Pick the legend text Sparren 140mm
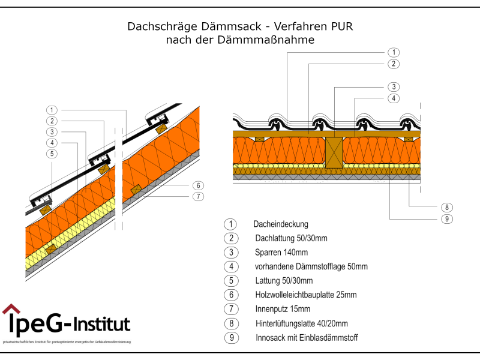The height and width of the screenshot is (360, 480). coord(281,252)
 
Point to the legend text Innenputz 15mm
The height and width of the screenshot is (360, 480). coord(283,309)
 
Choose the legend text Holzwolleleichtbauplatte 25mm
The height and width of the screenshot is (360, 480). coord(306,295)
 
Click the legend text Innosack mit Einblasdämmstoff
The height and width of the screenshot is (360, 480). coord(307,338)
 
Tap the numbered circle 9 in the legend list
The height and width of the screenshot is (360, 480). coord(231,338)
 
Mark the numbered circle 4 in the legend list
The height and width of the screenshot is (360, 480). coord(231,266)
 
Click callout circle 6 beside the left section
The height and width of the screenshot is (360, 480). coord(198,185)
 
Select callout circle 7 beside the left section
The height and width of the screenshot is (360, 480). coord(198,196)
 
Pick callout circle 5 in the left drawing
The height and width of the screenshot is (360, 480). coord(53,154)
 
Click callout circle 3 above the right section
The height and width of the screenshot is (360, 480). coord(393,86)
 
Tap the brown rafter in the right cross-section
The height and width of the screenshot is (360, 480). coord(334,152)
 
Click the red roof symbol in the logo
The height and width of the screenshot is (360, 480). coord(11,310)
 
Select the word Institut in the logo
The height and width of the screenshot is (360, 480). coord(101,324)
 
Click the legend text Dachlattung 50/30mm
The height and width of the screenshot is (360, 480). coord(291,238)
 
